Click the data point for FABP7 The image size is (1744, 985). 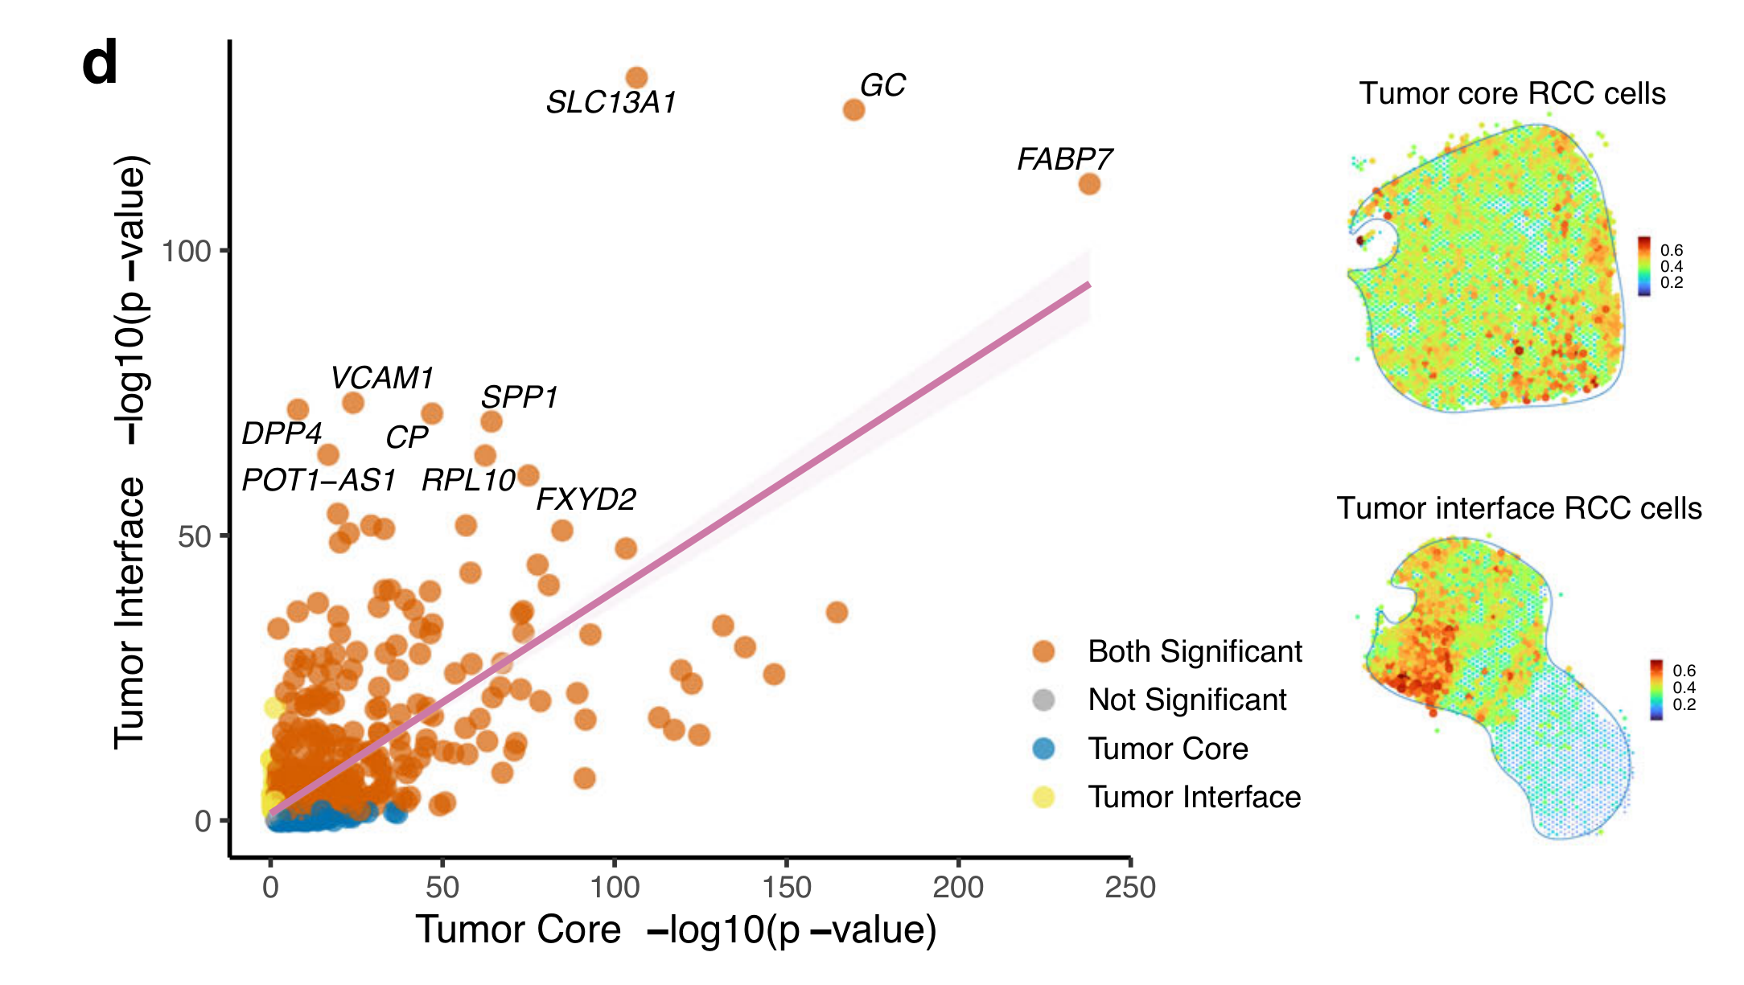tap(1089, 184)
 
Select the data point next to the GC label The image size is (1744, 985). tap(853, 109)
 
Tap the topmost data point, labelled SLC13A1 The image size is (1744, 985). tap(636, 78)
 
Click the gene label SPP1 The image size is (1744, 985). tap(519, 397)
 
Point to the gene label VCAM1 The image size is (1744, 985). tap(382, 378)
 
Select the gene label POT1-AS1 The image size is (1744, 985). tap(319, 481)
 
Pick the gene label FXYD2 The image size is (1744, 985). tap(586, 499)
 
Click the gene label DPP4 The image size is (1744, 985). tap(282, 433)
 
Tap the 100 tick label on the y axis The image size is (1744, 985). tap(186, 252)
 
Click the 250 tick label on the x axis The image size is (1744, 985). tap(1130, 888)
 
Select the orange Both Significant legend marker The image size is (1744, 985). tap(1043, 651)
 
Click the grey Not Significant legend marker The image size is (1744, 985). tap(1043, 700)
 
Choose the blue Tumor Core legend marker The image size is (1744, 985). tap(1043, 749)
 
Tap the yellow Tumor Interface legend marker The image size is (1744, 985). tap(1043, 797)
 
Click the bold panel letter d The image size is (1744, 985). tap(100, 64)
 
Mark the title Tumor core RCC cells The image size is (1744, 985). tap(1512, 94)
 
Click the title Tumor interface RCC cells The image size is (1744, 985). tap(1519, 509)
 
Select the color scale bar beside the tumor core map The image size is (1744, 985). tap(1644, 266)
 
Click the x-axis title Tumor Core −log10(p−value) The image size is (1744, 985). tap(676, 930)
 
